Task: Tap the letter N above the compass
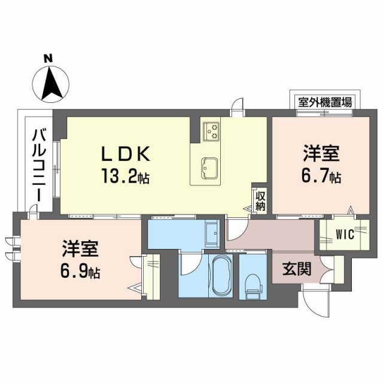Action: [x=48, y=58]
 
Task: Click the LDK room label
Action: [x=126, y=154]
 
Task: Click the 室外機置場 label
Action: [x=321, y=100]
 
